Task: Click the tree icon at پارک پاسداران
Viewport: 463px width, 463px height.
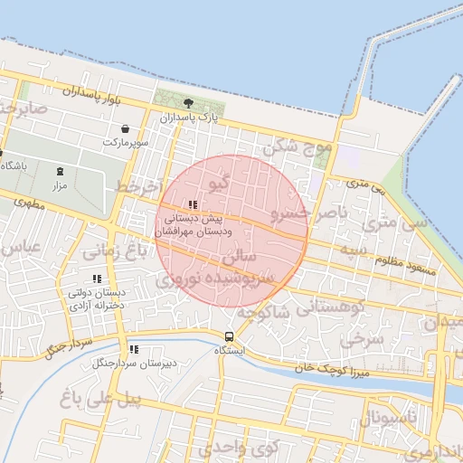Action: coord(187,104)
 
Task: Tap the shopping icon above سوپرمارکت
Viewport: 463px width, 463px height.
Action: coord(124,128)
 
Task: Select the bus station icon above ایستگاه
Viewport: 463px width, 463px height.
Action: coord(227,335)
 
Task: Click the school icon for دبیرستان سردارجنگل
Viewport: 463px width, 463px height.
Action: coord(134,349)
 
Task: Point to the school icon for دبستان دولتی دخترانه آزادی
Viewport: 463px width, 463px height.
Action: coord(97,279)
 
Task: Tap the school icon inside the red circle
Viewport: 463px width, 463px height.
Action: coord(192,204)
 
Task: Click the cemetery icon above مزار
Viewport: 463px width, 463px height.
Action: coord(61,171)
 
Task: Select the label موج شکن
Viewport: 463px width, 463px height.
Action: coord(298,146)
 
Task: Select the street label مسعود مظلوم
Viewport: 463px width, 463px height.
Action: coord(409,269)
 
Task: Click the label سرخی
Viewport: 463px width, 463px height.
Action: coord(369,338)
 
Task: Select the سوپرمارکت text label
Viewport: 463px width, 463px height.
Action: coord(124,142)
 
